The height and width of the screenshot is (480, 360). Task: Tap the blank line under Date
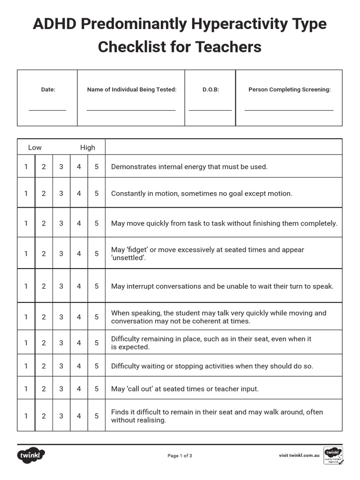point(47,110)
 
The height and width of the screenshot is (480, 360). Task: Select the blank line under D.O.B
point(210,110)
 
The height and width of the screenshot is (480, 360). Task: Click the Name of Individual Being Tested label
point(132,90)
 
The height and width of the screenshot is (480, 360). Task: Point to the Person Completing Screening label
point(289,90)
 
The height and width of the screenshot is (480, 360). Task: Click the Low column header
point(35,147)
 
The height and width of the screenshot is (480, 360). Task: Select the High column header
point(87,147)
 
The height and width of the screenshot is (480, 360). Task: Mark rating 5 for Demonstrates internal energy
point(97,166)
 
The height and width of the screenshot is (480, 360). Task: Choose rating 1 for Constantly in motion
point(26,193)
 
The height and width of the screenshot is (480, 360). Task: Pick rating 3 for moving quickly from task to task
point(61,223)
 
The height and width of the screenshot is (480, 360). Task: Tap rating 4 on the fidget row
point(79,254)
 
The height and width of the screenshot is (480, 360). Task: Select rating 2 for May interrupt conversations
point(44,286)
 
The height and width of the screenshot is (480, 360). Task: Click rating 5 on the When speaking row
point(97,317)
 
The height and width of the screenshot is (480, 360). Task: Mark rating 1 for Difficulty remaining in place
point(26,343)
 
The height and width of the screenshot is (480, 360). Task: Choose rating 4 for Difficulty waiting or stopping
point(79,366)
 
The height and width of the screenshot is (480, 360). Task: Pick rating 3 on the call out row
point(61,389)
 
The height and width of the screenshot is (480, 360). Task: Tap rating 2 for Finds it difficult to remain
point(44,416)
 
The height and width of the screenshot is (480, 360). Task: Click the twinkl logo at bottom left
point(31,455)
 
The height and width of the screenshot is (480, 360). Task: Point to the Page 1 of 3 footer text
point(180,456)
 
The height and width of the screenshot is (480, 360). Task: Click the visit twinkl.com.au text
point(299,455)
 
